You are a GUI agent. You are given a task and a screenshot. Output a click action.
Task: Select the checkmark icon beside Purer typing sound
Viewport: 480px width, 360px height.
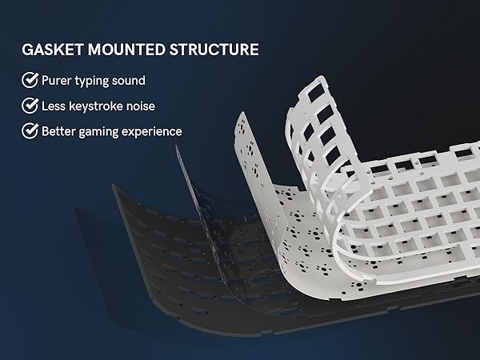click(x=30, y=80)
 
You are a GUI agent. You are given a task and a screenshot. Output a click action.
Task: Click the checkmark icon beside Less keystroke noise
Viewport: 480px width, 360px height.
click(x=30, y=105)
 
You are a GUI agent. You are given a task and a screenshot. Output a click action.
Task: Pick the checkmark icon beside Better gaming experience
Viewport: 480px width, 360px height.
click(x=30, y=130)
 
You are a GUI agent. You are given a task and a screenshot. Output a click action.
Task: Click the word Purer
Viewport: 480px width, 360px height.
click(x=59, y=80)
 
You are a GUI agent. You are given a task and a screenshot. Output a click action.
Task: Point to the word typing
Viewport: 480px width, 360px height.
click(x=100, y=81)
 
